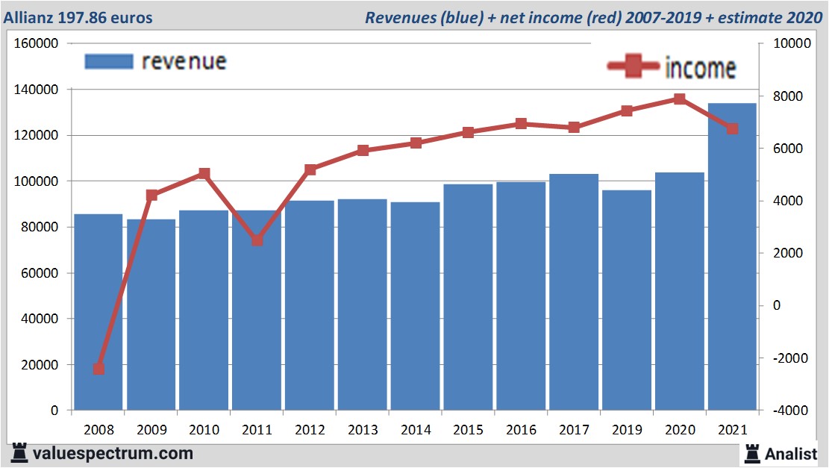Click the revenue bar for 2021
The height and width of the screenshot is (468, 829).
[x=732, y=257]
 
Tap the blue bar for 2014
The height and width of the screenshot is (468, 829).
[x=415, y=306]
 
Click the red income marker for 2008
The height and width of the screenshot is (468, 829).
[x=98, y=369]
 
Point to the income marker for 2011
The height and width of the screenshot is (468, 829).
[x=257, y=240]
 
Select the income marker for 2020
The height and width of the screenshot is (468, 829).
[x=680, y=99]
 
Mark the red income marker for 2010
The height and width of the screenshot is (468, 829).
[x=204, y=174]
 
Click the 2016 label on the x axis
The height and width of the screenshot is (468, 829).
[x=521, y=431]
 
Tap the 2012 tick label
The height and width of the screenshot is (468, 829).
[x=310, y=431]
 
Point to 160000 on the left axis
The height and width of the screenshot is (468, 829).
[x=37, y=43]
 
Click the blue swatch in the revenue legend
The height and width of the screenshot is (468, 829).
[x=109, y=61]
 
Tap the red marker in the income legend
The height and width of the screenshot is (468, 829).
[x=635, y=66]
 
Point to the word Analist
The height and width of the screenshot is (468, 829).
[x=792, y=453]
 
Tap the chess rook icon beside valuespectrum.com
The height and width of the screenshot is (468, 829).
[x=20, y=452]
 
